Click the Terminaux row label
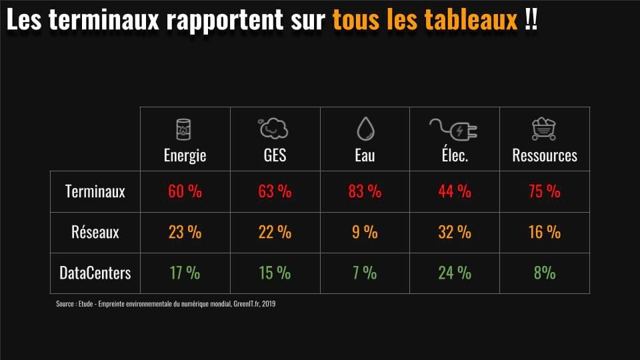point(95,191)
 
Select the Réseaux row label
point(95,232)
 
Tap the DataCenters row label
point(95,273)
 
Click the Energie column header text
point(185,155)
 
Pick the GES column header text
point(275,155)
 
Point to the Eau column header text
point(365,155)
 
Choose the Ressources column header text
point(545,155)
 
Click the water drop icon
point(365,128)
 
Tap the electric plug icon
point(454,128)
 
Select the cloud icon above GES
point(274,128)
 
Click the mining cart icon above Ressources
point(544,128)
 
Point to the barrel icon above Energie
point(184,128)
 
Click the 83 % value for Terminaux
point(365,191)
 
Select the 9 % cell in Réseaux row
point(365,232)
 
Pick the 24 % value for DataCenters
point(455,273)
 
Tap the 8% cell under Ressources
point(544,273)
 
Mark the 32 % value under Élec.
point(455,232)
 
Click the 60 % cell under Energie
point(185,191)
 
